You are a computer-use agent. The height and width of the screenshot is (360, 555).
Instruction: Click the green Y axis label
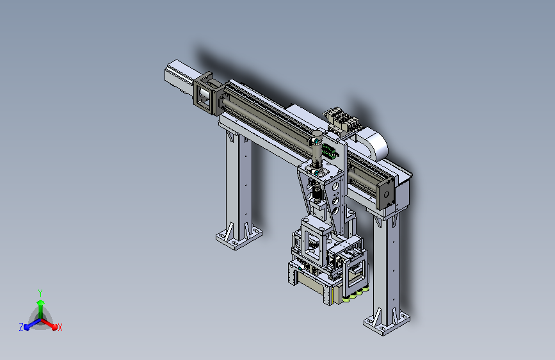[x=40, y=293]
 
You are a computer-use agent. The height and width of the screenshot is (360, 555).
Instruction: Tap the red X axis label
[x=60, y=327]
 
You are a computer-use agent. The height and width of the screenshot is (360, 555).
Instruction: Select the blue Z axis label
[x=21, y=327]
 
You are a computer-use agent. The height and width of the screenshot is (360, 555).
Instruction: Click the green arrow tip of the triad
[x=40, y=302]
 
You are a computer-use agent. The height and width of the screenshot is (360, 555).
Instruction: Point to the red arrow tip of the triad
[x=54, y=326]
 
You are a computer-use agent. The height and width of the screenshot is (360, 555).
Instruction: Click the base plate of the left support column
[x=239, y=238]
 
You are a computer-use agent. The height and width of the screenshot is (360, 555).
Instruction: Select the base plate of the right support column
[x=387, y=323]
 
